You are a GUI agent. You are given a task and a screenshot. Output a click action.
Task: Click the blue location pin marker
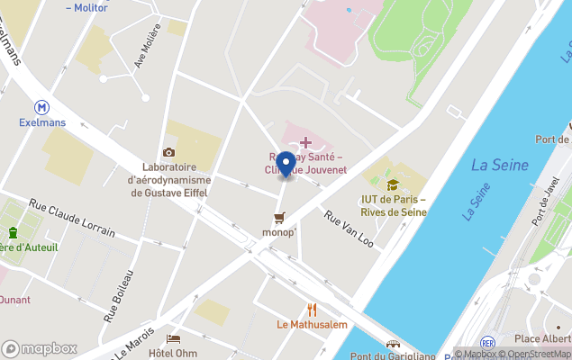tap(286, 165)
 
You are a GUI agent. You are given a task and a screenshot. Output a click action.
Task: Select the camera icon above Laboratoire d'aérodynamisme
tap(168, 152)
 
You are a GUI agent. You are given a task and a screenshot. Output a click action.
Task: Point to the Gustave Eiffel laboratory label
tap(169, 180)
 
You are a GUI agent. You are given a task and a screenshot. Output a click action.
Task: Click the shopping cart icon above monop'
tap(279, 217)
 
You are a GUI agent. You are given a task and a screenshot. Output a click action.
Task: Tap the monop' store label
tap(279, 233)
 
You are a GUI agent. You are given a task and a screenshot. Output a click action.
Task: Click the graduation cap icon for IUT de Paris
tap(393, 184)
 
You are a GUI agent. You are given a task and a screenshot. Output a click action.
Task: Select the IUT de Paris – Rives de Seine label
tap(393, 205)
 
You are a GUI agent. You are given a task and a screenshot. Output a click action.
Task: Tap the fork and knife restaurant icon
tap(312, 310)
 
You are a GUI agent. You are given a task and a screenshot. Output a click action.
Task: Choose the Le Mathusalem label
tap(312, 325)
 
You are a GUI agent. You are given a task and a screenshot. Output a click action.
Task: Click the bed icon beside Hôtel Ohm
tap(174, 339)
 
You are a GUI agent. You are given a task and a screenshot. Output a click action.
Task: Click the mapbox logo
tap(39, 348)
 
